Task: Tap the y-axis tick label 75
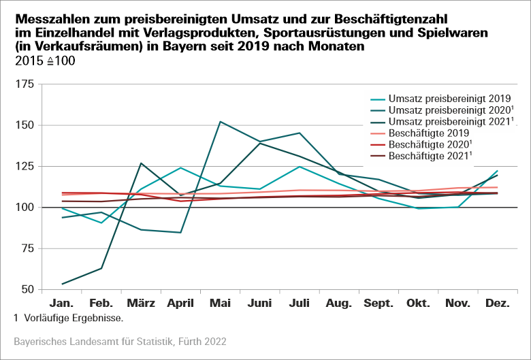tap(27, 248)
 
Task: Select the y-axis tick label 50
tap(27, 289)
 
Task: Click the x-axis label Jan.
tap(62, 304)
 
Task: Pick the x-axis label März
tap(140, 304)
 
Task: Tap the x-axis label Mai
tap(220, 304)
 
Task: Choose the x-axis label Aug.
tap(338, 304)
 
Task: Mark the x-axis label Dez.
tap(498, 304)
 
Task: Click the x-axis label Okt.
tap(418, 304)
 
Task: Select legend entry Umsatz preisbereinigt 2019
tap(449, 98)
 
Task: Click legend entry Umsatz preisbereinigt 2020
tap(449, 110)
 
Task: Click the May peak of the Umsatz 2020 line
tap(220, 122)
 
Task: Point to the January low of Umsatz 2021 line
tap(62, 284)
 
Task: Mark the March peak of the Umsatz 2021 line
tap(140, 163)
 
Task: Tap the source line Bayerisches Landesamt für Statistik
tap(120, 340)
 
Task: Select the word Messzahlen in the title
tap(45, 17)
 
